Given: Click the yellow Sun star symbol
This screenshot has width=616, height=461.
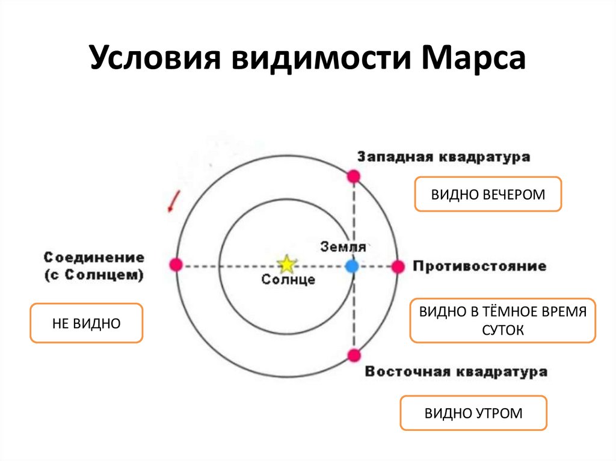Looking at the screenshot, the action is (x=287, y=264).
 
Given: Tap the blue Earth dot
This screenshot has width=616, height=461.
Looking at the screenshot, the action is (x=353, y=265).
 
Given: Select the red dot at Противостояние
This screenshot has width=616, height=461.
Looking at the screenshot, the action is (x=398, y=266).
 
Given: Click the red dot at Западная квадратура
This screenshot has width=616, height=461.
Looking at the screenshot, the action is (x=354, y=176).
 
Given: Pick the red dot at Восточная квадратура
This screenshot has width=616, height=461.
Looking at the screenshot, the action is (x=354, y=355).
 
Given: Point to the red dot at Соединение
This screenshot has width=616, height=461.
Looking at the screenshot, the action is (x=176, y=264).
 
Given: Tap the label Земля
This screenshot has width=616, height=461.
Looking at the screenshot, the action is (x=343, y=246).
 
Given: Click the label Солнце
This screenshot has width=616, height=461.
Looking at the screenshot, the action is (x=288, y=279).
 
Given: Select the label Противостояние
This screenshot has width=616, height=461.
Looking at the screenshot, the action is (x=479, y=266).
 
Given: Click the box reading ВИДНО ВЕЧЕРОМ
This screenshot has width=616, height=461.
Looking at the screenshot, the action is (x=488, y=194).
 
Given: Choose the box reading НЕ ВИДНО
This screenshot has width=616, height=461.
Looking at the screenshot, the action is (x=87, y=323).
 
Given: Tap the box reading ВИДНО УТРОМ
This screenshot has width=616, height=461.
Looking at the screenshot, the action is (x=473, y=413).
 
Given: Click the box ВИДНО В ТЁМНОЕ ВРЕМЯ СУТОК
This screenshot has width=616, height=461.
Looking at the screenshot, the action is (x=502, y=321).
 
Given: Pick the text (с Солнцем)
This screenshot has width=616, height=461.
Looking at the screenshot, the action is (x=94, y=276).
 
